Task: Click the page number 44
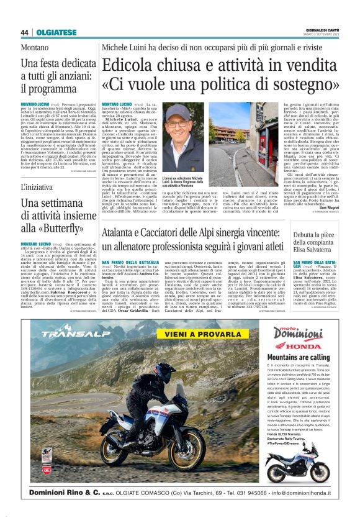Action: (x=24, y=32)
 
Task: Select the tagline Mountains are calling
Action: (x=302, y=358)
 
